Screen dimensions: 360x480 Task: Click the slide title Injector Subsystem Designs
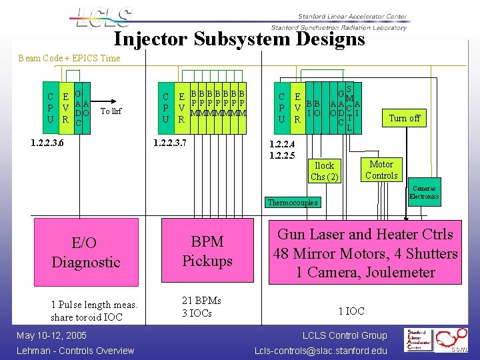[239, 39]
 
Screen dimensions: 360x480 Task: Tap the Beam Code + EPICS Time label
[69, 58]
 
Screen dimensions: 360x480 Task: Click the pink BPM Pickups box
[207, 251]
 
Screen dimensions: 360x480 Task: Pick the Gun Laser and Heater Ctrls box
[366, 253]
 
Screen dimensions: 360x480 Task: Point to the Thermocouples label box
[293, 202]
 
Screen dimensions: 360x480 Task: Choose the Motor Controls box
[382, 170]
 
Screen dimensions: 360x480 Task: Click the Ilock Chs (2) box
[325, 171]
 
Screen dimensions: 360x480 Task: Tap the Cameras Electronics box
[423, 193]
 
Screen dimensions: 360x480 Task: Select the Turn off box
[405, 118]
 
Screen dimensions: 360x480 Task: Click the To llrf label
[111, 111]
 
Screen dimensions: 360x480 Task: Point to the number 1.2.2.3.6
[48, 143]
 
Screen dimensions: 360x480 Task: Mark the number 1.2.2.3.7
[170, 143]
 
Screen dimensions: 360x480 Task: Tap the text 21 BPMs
[201, 301]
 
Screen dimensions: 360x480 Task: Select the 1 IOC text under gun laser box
[351, 311]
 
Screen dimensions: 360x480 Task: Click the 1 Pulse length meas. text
[94, 305]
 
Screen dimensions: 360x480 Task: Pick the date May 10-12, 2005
[52, 335]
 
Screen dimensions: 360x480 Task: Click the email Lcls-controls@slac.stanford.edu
[321, 351]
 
